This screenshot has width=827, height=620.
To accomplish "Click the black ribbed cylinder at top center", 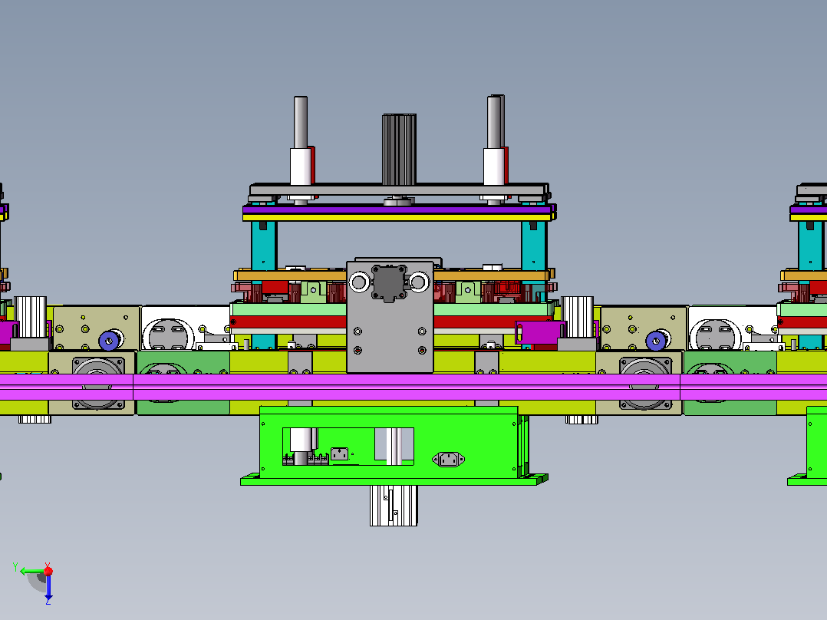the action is [x=399, y=150].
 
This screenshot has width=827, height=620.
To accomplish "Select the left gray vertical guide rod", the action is [x=301, y=122].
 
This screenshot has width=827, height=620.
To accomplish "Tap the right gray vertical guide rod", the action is [x=495, y=122].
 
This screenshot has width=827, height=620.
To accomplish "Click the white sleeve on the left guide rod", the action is [x=300, y=167].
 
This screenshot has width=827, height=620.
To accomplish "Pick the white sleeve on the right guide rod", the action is [x=494, y=167].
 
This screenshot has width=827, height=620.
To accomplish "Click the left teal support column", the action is [x=264, y=246].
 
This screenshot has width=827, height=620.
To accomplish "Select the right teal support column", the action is [x=534, y=246].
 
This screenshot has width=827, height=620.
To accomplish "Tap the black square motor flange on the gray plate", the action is [x=389, y=283].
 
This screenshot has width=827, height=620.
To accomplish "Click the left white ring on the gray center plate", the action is [x=359, y=282].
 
